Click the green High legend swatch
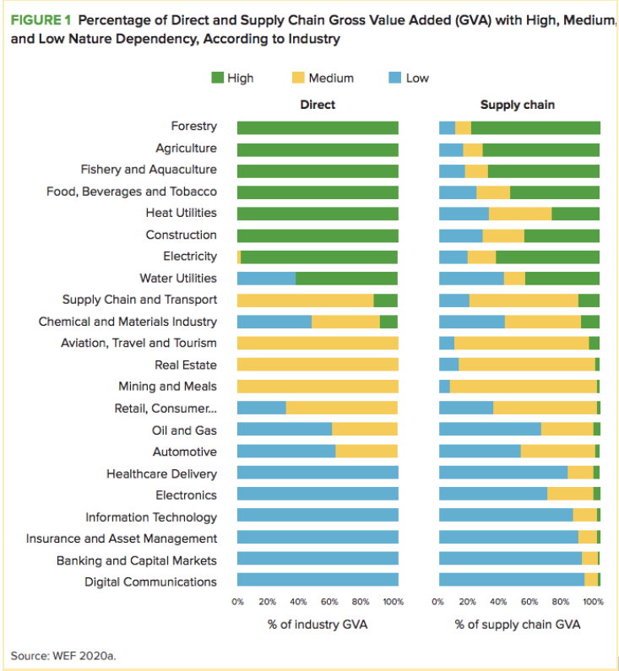click(217, 78)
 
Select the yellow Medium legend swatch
click(298, 78)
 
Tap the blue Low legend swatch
click(394, 78)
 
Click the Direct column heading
click(318, 105)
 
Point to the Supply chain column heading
click(518, 105)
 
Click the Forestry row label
click(193, 127)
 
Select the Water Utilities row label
click(178, 279)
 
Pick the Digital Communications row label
click(150, 582)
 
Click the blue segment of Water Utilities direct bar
click(266, 279)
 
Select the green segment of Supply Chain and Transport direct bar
click(386, 300)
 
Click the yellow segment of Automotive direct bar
click(367, 452)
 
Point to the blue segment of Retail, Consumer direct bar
click(262, 409)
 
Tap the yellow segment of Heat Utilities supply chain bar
click(520, 214)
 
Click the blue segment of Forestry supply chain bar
click(447, 127)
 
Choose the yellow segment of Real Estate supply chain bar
click(527, 365)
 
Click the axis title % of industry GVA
click(318, 625)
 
